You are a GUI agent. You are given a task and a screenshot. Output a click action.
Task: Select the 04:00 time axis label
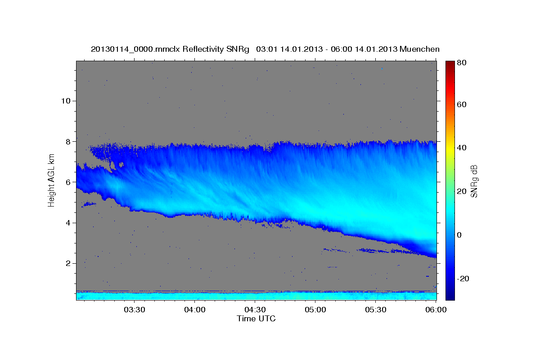pyautogui.click(x=195, y=310)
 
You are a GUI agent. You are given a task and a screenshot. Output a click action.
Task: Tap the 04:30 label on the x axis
pyautogui.click(x=255, y=310)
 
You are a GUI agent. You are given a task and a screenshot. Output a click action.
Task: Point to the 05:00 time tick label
pyautogui.click(x=315, y=310)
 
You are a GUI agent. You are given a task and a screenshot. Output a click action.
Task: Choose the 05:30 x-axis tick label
pyautogui.click(x=375, y=310)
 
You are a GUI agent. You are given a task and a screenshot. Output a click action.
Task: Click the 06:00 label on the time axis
pyautogui.click(x=436, y=310)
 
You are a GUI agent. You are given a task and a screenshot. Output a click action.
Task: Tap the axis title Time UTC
pyautogui.click(x=256, y=319)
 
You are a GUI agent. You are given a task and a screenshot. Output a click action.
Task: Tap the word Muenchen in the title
pyautogui.click(x=418, y=49)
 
